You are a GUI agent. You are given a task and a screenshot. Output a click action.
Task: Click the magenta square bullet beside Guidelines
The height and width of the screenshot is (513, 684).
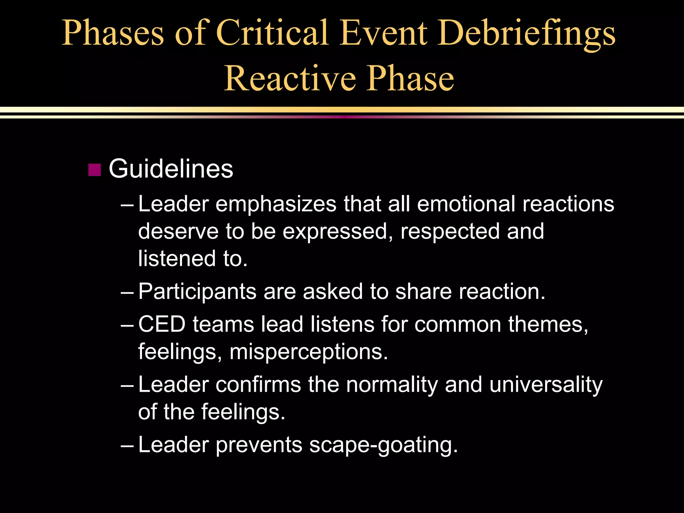pos(95,170)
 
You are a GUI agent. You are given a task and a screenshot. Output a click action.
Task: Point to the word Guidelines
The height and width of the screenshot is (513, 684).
pos(171,169)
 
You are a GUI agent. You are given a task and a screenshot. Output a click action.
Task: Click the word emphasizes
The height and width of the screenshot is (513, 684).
pos(276,204)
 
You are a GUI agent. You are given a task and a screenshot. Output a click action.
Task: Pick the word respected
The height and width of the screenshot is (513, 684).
pos(450,231)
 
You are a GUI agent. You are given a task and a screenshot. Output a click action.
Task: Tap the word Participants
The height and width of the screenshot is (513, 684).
pos(197,291)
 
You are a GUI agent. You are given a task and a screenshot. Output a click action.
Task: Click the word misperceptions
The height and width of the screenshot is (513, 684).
pos(309,352)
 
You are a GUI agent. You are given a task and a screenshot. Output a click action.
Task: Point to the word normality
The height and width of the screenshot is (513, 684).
pos(392,384)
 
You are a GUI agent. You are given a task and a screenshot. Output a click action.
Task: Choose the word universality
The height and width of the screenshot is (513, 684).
pos(546,384)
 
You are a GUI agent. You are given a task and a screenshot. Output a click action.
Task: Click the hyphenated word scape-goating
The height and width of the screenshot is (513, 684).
pos(383,445)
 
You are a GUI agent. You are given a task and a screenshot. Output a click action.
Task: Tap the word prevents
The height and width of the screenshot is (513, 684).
pos(259,445)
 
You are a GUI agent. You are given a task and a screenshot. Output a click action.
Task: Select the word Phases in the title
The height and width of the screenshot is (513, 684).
pos(113,33)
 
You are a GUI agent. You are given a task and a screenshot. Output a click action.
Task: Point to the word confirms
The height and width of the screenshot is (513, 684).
pos(258,384)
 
